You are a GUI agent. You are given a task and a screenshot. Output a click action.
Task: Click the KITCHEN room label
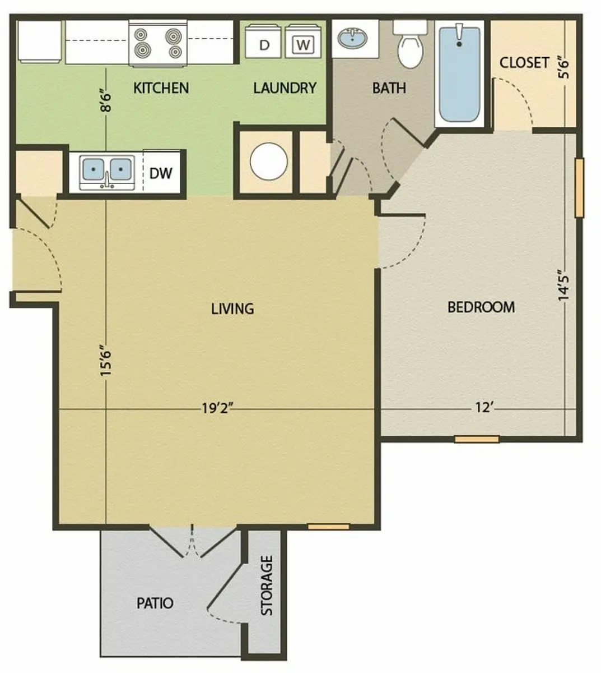(x=161, y=88)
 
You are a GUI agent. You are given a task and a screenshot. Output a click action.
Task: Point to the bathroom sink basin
(x=352, y=38)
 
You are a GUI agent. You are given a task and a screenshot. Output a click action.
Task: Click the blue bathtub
(x=459, y=73)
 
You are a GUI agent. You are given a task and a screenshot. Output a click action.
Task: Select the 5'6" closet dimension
(x=564, y=69)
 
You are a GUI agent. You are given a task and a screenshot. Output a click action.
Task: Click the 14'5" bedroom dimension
(x=564, y=285)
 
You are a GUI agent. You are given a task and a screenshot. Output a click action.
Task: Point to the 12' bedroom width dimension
(x=483, y=407)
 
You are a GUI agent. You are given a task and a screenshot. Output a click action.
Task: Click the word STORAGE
(x=267, y=586)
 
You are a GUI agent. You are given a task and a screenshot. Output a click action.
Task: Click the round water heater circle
(x=268, y=162)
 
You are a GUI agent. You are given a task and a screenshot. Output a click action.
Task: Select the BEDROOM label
(x=481, y=307)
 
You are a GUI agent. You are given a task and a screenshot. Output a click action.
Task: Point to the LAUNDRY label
(x=285, y=88)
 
